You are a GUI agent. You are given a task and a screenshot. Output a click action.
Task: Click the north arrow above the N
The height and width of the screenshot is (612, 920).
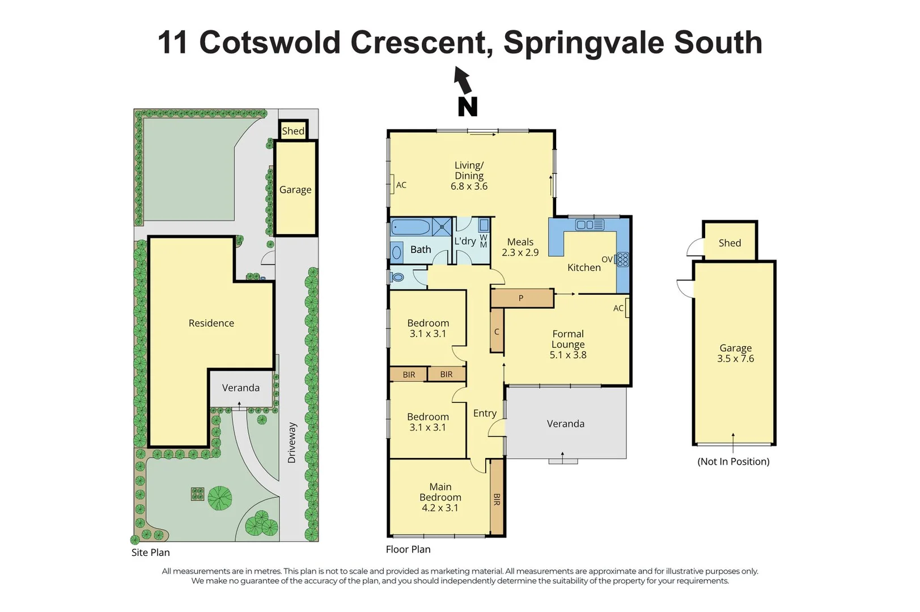pyautogui.click(x=463, y=80)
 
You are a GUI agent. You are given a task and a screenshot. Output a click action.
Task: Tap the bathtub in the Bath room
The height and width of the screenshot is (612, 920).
pyautogui.click(x=411, y=227)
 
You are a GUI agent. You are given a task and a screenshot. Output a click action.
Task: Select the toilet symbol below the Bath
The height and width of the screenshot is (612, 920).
pyautogui.click(x=397, y=278)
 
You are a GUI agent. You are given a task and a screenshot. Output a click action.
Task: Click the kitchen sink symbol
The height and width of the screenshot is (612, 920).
pyautogui.click(x=590, y=225)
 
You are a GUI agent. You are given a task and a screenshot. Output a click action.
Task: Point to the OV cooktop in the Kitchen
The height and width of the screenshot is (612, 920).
pyautogui.click(x=622, y=260)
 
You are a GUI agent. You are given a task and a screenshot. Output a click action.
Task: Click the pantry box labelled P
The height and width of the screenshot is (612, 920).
pyautogui.click(x=522, y=298)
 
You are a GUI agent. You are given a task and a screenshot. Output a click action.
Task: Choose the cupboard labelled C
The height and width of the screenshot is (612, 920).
pyautogui.click(x=497, y=331)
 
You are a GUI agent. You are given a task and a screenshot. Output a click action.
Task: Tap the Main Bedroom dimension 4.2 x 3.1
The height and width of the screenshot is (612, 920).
pyautogui.click(x=440, y=508)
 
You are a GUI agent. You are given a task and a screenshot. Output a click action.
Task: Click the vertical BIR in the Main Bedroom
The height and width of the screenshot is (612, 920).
pyautogui.click(x=497, y=499)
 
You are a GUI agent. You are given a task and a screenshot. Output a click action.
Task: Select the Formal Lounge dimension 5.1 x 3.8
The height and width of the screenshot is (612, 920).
pyautogui.click(x=568, y=355)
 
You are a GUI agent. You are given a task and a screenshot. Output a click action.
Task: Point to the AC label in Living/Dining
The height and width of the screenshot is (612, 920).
pyautogui.click(x=401, y=185)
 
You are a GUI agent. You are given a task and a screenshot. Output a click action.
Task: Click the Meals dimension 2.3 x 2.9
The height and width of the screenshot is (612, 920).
pyautogui.click(x=520, y=253)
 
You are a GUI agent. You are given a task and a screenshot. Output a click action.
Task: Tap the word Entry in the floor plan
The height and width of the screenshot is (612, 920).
pyautogui.click(x=485, y=414)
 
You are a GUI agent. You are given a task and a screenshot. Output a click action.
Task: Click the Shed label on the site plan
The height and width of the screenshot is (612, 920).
pyautogui.click(x=293, y=131)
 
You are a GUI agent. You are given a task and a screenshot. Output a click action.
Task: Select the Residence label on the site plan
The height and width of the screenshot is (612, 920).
pyautogui.click(x=211, y=323)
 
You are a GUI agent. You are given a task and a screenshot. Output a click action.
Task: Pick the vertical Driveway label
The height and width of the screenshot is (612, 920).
pyautogui.click(x=292, y=443)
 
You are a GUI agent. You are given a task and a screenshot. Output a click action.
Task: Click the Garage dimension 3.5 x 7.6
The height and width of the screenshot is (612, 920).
pyautogui.click(x=735, y=359)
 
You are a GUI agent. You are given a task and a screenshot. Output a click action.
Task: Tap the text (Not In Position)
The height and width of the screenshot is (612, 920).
pyautogui.click(x=733, y=462)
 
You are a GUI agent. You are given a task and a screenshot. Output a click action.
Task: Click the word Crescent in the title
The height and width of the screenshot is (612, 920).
pyautogui.click(x=418, y=42)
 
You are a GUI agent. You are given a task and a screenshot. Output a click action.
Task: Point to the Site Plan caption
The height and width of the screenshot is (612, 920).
pyautogui.click(x=151, y=552)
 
